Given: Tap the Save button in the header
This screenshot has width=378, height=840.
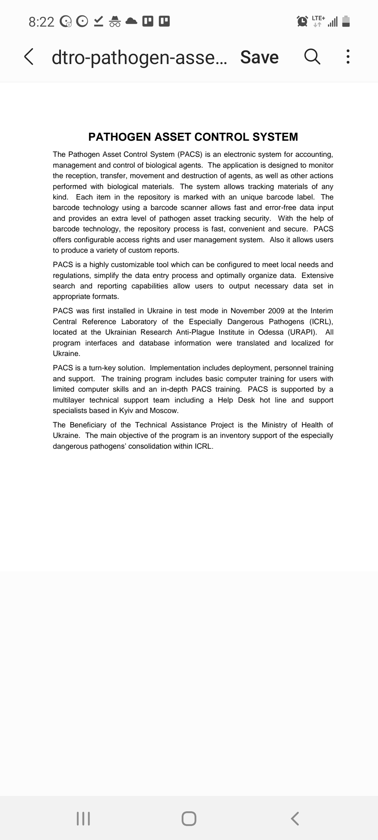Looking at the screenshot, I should click(259, 57).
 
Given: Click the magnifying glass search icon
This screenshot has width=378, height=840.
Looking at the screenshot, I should click(312, 57).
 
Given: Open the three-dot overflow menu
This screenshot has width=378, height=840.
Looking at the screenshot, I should click(348, 57).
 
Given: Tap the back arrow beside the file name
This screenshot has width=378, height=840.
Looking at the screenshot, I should click(29, 57).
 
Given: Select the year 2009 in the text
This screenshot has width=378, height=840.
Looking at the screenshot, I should click(276, 311).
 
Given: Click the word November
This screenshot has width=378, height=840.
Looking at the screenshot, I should click(247, 311).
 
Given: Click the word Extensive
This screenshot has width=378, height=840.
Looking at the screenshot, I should click(317, 275).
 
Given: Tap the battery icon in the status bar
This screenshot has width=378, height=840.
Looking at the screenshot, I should click(345, 22).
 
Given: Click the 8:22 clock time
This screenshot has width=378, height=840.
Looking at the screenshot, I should click(41, 22).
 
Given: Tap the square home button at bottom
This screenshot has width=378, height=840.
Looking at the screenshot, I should click(189, 819).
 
